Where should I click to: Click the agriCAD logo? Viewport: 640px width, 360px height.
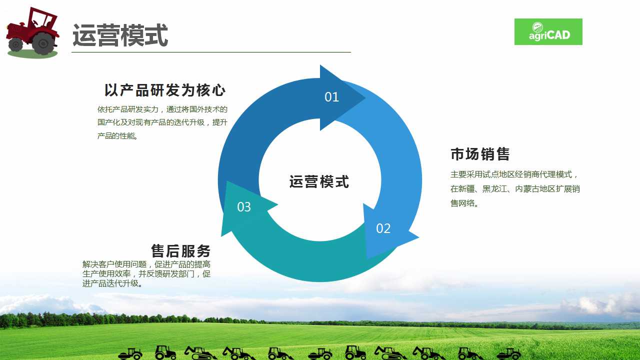548,31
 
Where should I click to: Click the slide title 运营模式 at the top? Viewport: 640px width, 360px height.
120,35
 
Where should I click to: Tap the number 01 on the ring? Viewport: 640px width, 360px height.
331,97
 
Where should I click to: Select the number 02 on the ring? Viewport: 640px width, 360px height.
383,228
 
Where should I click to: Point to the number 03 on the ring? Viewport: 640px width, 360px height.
244,207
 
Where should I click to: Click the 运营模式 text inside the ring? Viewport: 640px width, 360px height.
319,181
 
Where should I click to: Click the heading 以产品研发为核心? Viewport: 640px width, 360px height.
165,90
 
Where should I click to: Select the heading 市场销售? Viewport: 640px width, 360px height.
480,154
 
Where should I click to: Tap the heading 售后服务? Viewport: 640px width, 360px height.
180,251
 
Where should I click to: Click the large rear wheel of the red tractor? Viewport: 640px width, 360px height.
43,43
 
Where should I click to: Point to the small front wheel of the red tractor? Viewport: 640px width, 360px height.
15,44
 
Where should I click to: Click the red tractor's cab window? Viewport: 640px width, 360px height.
43,19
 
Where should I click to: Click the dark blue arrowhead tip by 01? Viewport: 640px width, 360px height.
365,97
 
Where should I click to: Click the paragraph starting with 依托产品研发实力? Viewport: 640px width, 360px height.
162,122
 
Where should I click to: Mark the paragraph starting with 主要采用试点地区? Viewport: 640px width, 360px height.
515,189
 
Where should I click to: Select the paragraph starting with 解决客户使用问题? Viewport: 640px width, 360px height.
146,273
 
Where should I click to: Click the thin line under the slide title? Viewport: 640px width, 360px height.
211,52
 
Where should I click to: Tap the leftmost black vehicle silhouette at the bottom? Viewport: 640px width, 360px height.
130,353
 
